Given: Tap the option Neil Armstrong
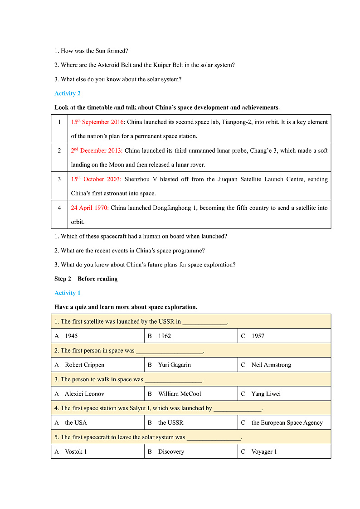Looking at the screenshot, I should pyautogui.click(x=271, y=365).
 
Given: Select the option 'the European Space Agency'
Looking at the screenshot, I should pyautogui.click(x=287, y=423).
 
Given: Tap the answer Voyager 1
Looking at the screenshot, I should pyautogui.click(x=264, y=452).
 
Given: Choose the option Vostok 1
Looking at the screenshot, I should pyautogui.click(x=76, y=452).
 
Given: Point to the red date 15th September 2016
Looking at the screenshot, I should pyautogui.click(x=97, y=122).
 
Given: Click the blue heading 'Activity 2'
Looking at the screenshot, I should pyautogui.click(x=68, y=93).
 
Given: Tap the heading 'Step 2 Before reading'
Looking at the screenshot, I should pyautogui.click(x=86, y=279).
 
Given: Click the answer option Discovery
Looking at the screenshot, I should pyautogui.click(x=171, y=452).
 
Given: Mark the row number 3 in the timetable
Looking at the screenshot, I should pyautogui.click(x=59, y=179).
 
